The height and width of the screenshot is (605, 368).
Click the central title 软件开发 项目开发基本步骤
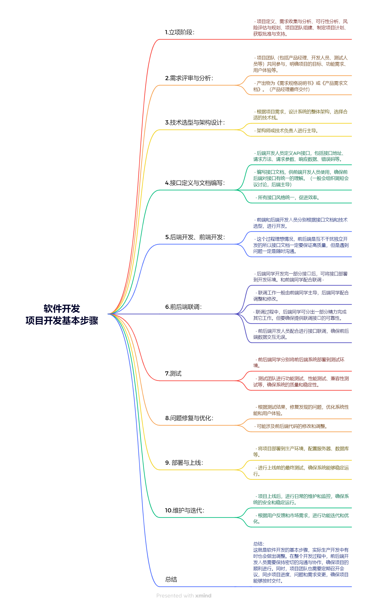(x=62, y=314)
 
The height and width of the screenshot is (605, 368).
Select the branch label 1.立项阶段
(x=180, y=32)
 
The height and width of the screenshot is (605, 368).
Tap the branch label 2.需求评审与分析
(x=189, y=78)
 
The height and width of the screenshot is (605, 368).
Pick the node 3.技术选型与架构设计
(x=195, y=122)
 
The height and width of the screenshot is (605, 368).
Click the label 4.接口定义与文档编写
(x=195, y=183)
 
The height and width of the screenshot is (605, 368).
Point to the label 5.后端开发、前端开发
(x=195, y=237)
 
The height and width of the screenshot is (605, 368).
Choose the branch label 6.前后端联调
(x=183, y=307)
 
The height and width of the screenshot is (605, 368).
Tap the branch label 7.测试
(x=173, y=373)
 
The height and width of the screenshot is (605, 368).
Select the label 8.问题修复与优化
(x=189, y=418)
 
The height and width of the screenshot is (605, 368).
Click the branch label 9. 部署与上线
(x=184, y=463)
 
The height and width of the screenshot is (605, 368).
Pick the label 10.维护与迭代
(x=185, y=510)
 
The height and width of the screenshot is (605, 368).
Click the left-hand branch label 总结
(x=171, y=579)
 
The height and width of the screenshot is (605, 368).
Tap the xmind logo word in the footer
(x=203, y=596)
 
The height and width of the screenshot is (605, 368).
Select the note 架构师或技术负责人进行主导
(x=287, y=131)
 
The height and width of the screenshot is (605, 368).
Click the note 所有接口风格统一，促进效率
(x=288, y=198)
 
